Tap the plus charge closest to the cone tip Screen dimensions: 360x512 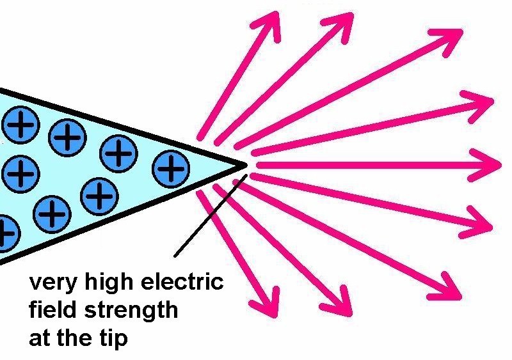170,168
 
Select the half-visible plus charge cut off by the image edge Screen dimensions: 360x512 5,234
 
